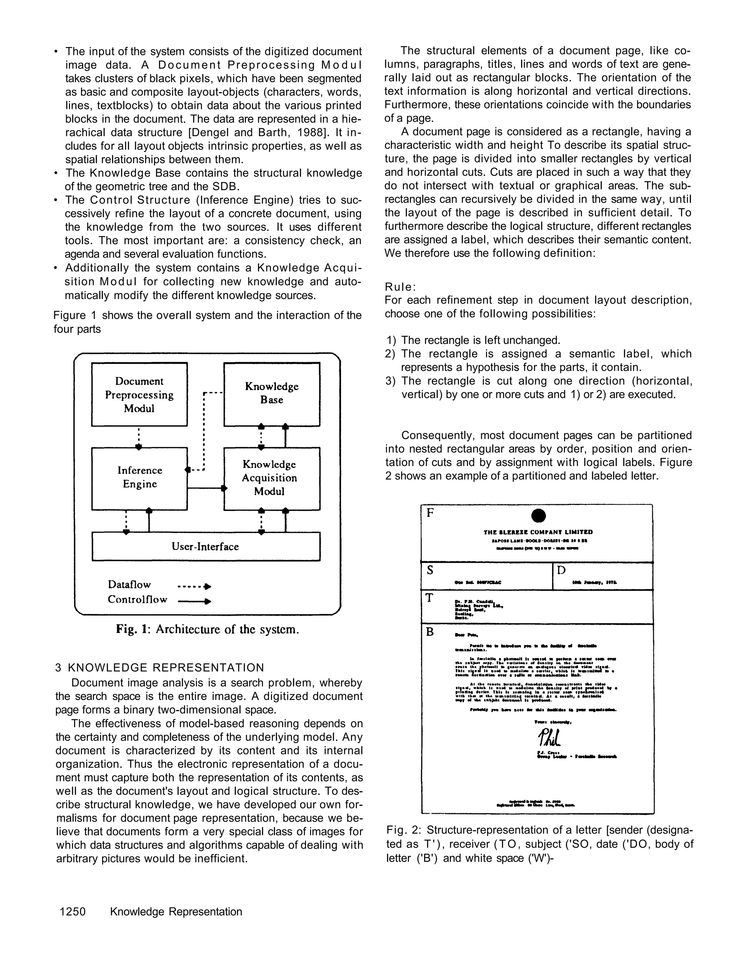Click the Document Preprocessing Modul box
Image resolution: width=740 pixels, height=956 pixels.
click(139, 394)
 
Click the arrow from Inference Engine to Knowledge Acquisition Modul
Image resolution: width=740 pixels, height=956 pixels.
click(206, 488)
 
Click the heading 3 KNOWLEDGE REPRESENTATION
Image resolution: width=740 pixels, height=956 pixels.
click(160, 667)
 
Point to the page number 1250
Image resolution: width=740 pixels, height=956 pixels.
click(73, 912)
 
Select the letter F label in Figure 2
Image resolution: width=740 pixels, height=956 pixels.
click(430, 513)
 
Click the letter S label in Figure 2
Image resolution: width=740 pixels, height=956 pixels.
click(430, 570)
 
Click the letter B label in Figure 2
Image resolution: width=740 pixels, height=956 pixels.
click(430, 632)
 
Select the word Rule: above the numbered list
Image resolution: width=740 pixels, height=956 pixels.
click(400, 287)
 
